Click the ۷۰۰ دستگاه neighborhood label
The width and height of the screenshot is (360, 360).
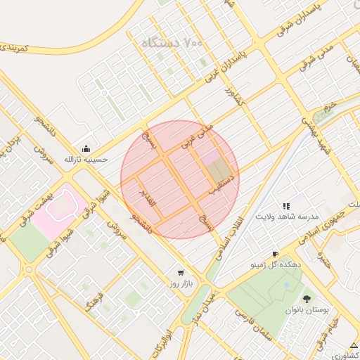[172, 43]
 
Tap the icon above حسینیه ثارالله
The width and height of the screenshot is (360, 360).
[86, 148]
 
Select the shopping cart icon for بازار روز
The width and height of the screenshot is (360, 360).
[181, 272]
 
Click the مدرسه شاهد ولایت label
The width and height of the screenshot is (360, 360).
[287, 217]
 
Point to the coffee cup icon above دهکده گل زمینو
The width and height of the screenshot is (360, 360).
[275, 254]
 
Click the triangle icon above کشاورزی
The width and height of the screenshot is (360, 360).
[352, 345]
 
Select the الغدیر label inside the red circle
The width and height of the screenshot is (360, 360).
[150, 202]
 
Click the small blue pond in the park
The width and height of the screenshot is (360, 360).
[286, 285]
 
